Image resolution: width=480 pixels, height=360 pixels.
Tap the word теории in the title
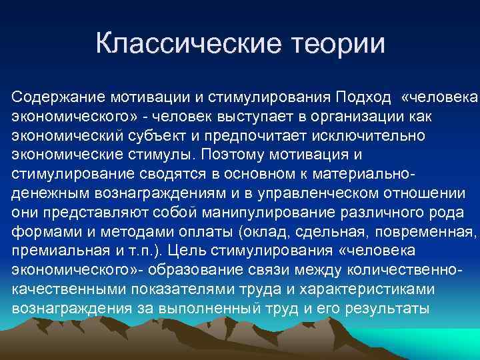(337, 44)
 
